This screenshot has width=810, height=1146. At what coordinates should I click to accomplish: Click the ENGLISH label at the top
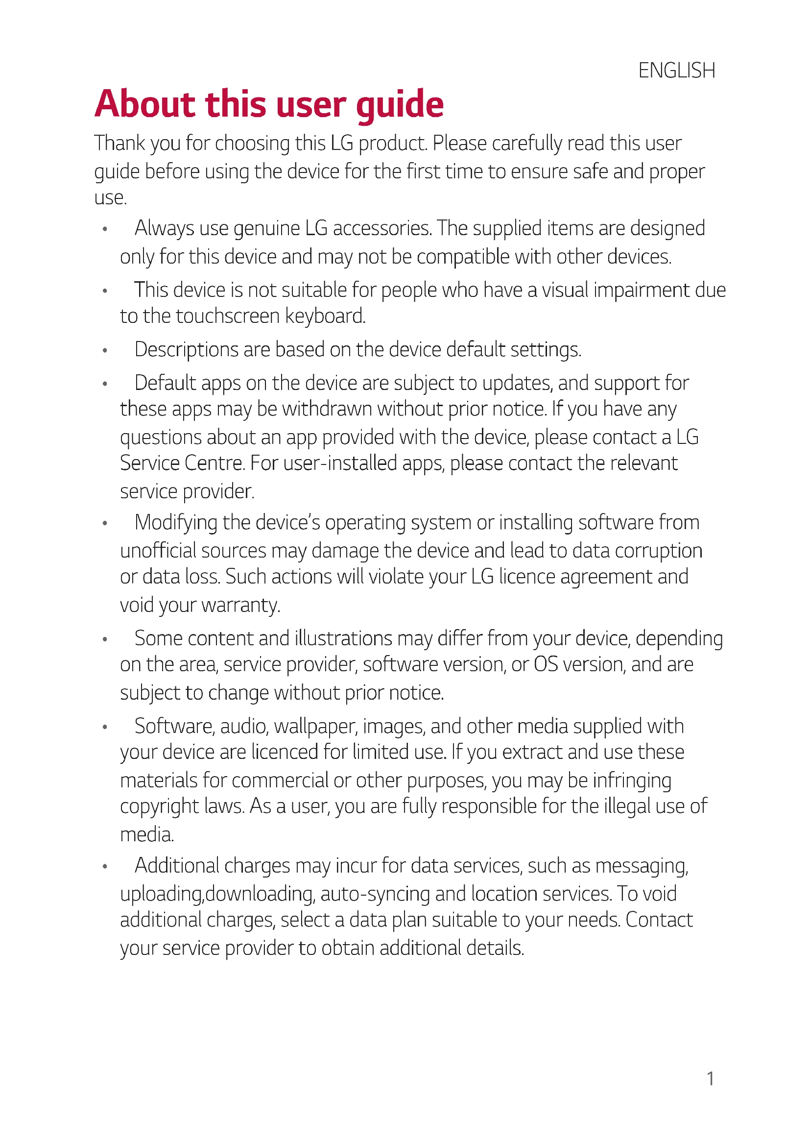[676, 71]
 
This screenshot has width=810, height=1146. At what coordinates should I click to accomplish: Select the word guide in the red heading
[400, 105]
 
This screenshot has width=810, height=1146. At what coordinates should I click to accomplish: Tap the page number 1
[710, 1079]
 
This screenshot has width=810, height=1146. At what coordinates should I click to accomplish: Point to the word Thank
[119, 143]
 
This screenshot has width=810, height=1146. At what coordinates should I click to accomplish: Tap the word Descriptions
[186, 349]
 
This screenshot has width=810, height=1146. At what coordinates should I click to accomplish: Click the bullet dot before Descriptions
[105, 350]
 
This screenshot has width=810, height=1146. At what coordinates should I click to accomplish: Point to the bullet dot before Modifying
[105, 524]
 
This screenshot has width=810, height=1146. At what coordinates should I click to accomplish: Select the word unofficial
[158, 551]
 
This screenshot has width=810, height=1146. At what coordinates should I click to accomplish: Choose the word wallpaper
[315, 727]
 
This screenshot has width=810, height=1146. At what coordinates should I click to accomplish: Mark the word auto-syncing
[375, 894]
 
